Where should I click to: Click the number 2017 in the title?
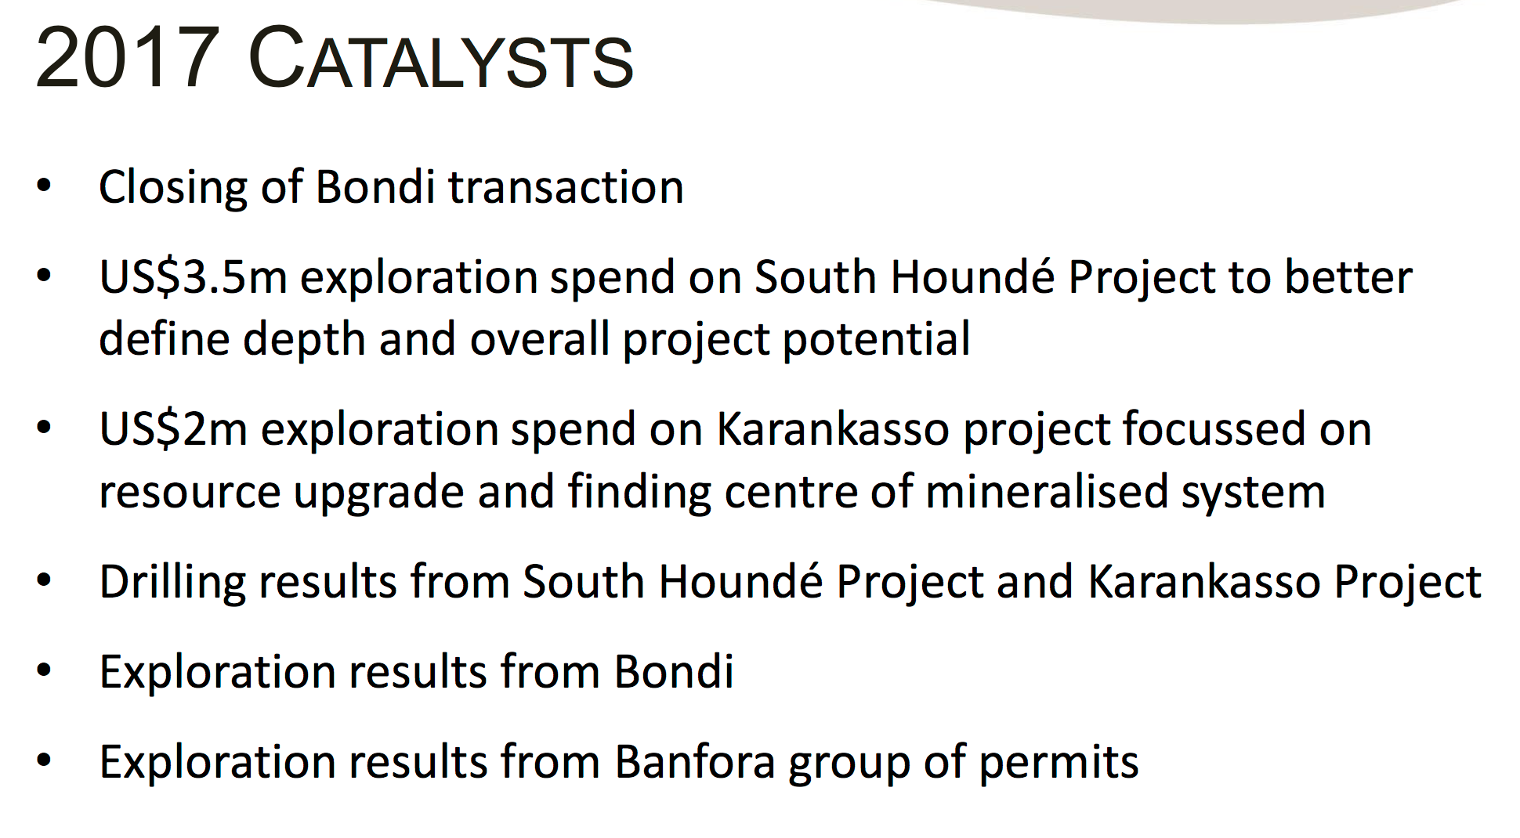click(128, 57)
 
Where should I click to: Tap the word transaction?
click(566, 187)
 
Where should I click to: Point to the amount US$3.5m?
click(193, 277)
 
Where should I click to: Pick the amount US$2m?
click(173, 429)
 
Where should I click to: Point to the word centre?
click(791, 493)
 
